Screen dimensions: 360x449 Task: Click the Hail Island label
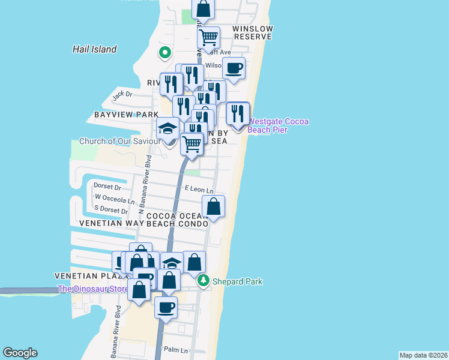(94, 50)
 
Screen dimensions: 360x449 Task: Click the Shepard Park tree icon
(204, 281)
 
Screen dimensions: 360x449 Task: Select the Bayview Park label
(126, 114)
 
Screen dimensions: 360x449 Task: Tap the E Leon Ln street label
(199, 189)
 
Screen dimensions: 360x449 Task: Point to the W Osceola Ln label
(114, 199)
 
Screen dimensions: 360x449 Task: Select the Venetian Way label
(112, 223)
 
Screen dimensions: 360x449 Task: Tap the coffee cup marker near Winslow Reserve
(234, 68)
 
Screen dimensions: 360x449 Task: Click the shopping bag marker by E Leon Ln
(213, 206)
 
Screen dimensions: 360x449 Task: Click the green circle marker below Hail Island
(164, 53)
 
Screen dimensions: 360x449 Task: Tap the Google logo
(20, 353)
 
